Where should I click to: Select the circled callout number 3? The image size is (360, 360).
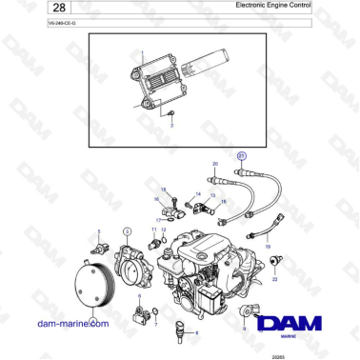[128, 230]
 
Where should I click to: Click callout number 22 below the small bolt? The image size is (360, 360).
[274, 281]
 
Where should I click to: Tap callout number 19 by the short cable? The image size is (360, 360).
[268, 246]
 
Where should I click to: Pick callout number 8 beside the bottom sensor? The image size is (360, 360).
[196, 332]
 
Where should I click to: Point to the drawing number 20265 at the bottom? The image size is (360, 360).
[308, 353]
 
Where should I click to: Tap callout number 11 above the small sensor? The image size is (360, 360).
[153, 230]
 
